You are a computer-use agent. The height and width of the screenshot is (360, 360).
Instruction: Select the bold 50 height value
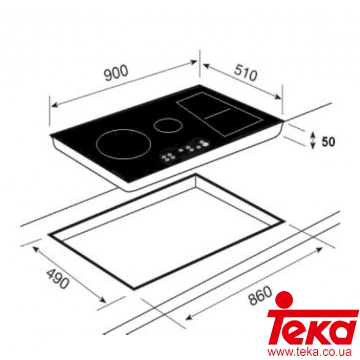[328, 142]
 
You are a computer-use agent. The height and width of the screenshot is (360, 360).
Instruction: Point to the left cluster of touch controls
[169, 157]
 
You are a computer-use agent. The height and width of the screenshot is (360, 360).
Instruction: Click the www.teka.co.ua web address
[313, 351]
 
